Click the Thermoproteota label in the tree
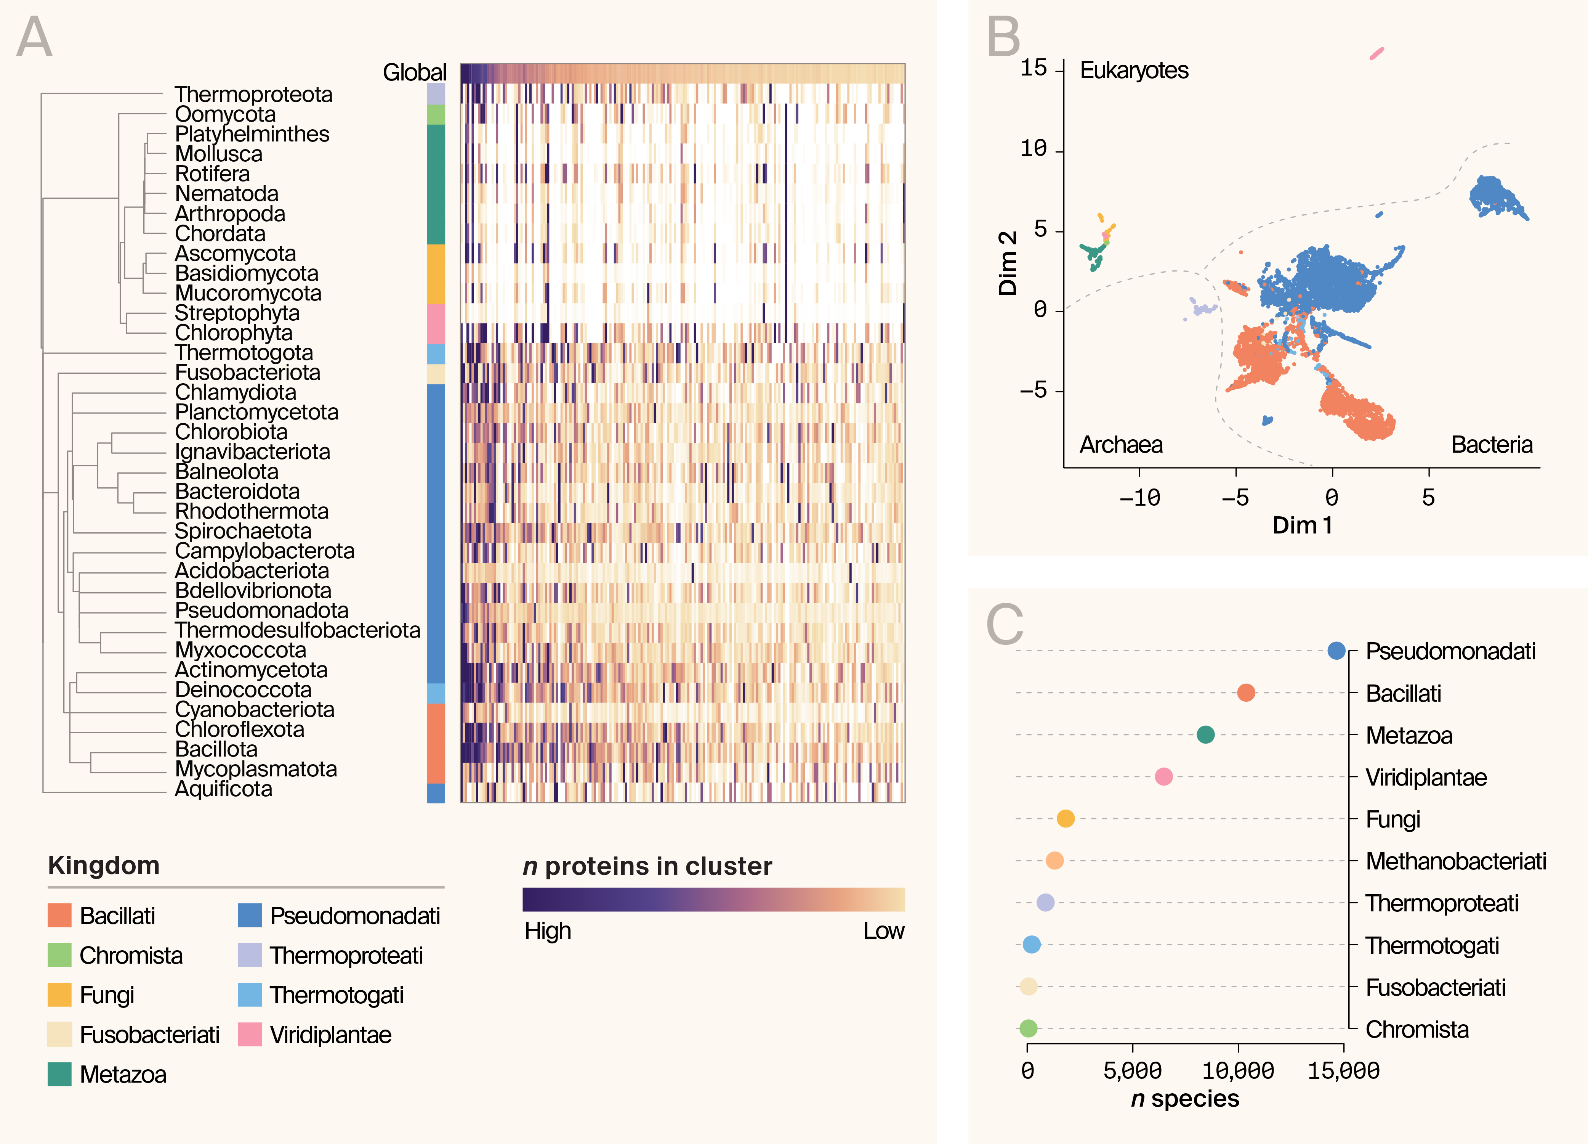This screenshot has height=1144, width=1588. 253,95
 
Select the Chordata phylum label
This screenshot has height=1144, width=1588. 220,234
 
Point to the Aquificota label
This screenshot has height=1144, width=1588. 223,789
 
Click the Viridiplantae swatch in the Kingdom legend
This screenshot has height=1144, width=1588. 250,1035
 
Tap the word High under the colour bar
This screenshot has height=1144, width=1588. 548,931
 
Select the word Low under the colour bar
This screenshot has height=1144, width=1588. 884,931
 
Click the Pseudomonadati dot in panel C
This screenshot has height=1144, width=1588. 1336,651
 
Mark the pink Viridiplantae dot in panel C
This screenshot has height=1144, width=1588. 1164,777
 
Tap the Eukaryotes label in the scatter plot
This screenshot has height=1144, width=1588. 1134,71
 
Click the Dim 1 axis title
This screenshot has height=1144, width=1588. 1302,525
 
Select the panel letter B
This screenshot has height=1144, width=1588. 1003,37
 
